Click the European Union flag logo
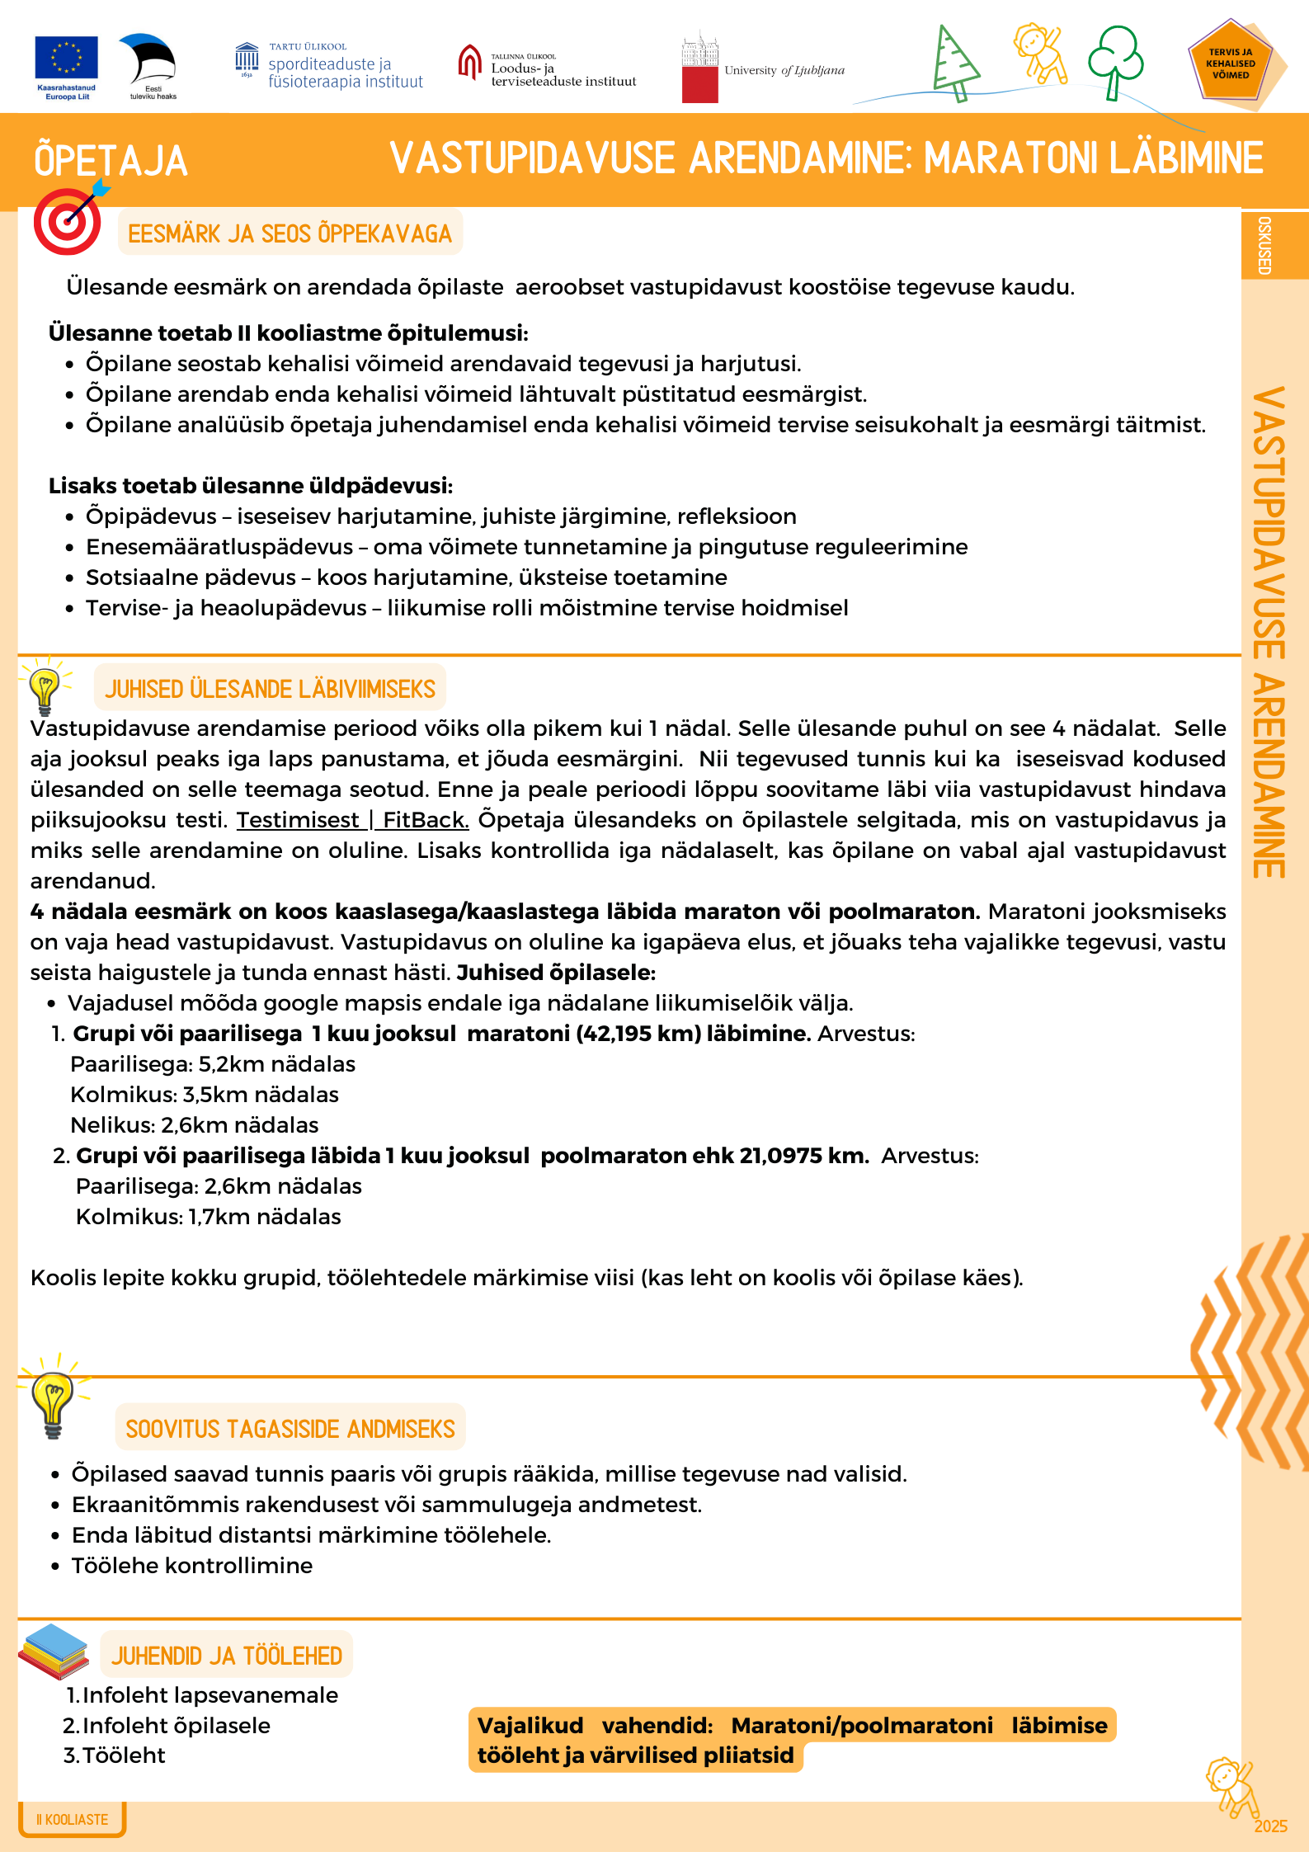(x=66, y=59)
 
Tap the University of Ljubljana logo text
(x=784, y=71)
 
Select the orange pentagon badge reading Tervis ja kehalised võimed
(x=1230, y=64)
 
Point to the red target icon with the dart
(x=68, y=221)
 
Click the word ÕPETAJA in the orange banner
(x=111, y=161)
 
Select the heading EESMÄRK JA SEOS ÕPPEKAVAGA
(x=290, y=234)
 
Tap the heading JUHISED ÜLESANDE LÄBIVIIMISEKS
(x=270, y=689)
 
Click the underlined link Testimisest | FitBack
(x=352, y=820)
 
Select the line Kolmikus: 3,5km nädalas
(x=205, y=1095)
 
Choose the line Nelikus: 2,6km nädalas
(x=195, y=1125)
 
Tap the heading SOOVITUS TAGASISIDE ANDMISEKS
(x=290, y=1429)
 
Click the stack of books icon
(x=54, y=1651)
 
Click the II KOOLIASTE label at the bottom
(x=73, y=1819)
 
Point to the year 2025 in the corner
(x=1270, y=1826)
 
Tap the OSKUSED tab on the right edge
(x=1264, y=245)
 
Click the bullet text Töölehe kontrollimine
(x=192, y=1566)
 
